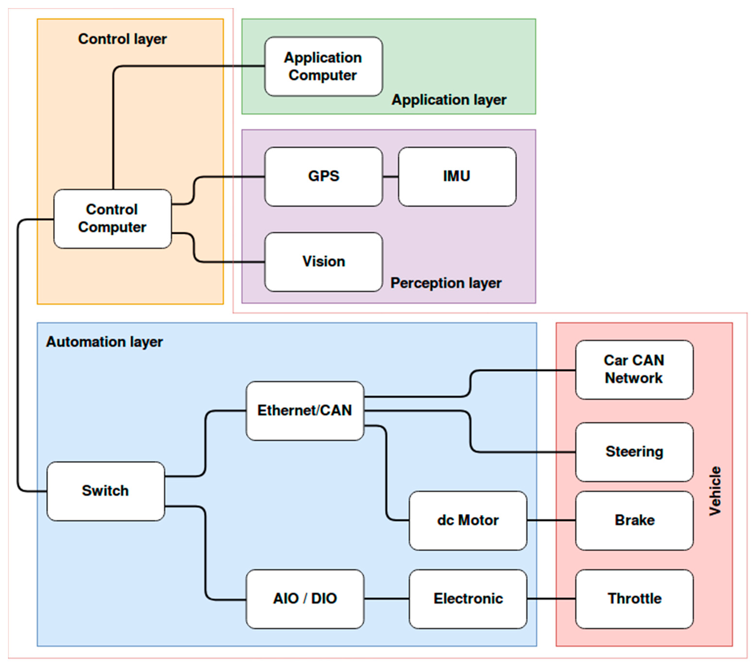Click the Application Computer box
323,67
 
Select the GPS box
323,177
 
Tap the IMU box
457,177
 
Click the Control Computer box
112,219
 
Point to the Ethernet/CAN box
305,411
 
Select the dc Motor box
468,521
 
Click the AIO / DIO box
305,599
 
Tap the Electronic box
468,599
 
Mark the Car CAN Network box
634,369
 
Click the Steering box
634,452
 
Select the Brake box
634,521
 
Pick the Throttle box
634,599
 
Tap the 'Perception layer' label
446,283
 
